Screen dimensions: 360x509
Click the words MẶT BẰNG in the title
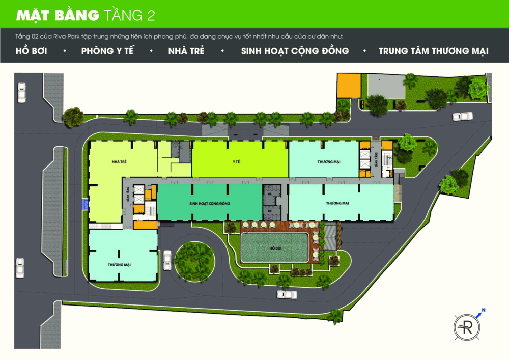point(58,15)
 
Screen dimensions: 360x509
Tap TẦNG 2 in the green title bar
point(129,15)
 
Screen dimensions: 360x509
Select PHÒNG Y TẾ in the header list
point(107,51)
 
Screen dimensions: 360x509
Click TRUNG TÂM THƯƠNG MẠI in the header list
point(433,51)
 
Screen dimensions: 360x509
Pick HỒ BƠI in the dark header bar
point(31,51)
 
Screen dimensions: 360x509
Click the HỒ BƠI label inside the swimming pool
point(275,248)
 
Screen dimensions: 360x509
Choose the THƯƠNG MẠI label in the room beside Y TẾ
point(329,161)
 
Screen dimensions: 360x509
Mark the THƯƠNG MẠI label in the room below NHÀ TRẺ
point(120,265)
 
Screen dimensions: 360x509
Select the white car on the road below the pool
point(287,294)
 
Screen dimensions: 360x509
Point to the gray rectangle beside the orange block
point(386,85)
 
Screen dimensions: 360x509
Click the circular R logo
point(467,324)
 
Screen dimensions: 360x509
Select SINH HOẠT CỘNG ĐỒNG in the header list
point(295,51)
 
